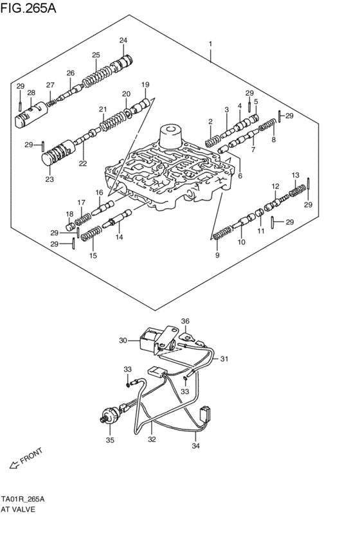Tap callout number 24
(123, 41)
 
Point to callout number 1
(210, 44)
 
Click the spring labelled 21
(114, 120)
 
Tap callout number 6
(240, 175)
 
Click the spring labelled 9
(222, 233)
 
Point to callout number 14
(119, 237)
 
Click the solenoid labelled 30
(152, 341)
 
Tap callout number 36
(185, 321)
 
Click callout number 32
(152, 441)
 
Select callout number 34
(197, 444)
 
